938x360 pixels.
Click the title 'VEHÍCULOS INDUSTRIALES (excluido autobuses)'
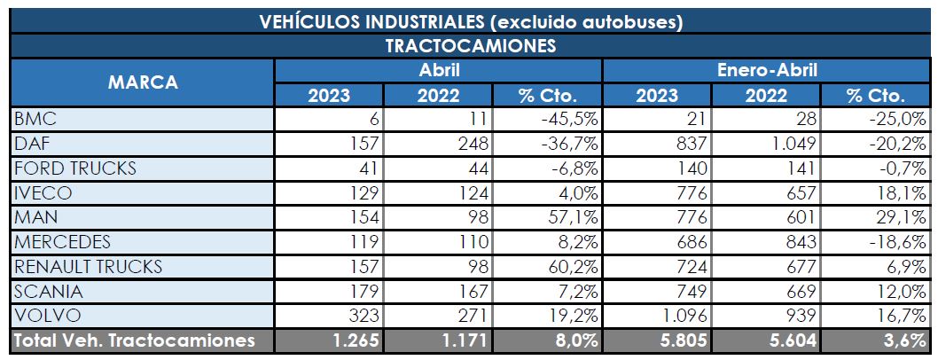click(470, 21)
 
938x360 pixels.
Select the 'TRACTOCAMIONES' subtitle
click(470, 46)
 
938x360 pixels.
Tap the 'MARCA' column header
click(143, 82)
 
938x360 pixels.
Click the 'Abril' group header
click(438, 70)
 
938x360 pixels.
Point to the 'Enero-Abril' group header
click(766, 70)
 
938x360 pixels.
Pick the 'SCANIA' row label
click(44, 291)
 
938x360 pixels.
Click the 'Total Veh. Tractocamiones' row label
click(133, 340)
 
